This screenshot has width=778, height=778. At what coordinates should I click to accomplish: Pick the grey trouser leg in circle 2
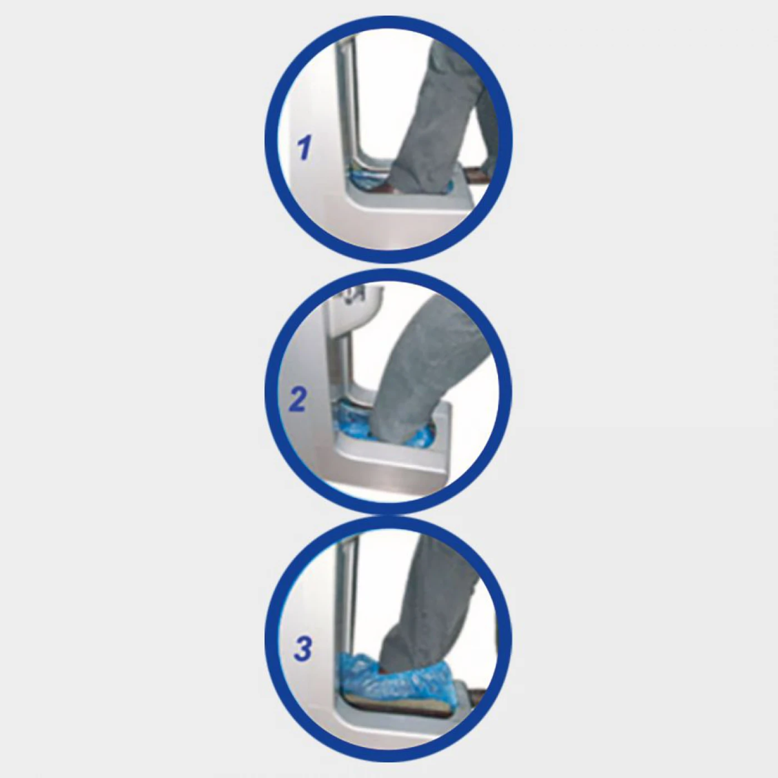(x=420, y=363)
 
